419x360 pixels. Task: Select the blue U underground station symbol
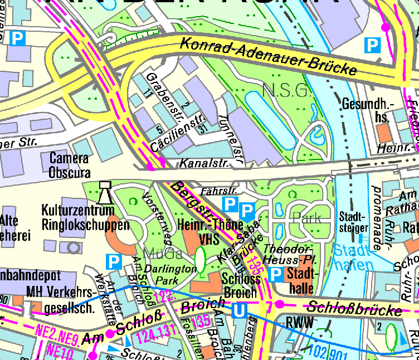(x=239, y=310)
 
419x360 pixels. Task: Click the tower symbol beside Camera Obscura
(x=104, y=192)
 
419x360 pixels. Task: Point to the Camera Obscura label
(x=69, y=165)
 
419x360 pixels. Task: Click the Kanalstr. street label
(x=198, y=164)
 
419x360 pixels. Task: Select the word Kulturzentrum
(x=78, y=211)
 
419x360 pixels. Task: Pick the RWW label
(x=297, y=322)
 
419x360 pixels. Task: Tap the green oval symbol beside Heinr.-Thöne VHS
(x=201, y=259)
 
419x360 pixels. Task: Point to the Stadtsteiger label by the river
(x=353, y=222)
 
